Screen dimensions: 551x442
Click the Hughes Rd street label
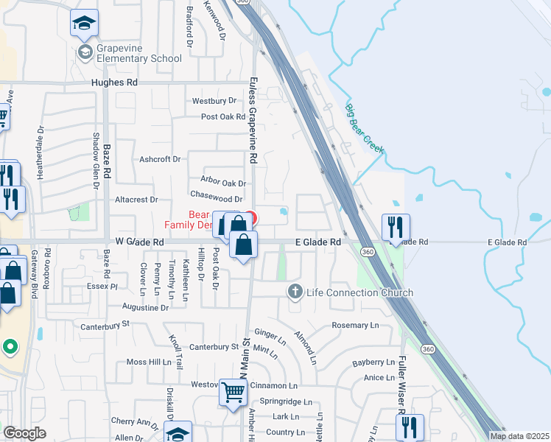tap(114, 83)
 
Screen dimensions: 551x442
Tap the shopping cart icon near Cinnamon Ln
tap(233, 393)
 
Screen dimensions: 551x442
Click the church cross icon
tap(295, 292)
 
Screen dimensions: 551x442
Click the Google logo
tap(25, 433)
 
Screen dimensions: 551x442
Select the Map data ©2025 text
tap(519, 436)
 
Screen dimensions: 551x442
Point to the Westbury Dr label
tap(214, 101)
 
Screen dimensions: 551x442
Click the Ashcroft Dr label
tap(160, 159)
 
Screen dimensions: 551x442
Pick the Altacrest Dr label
tap(136, 199)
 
